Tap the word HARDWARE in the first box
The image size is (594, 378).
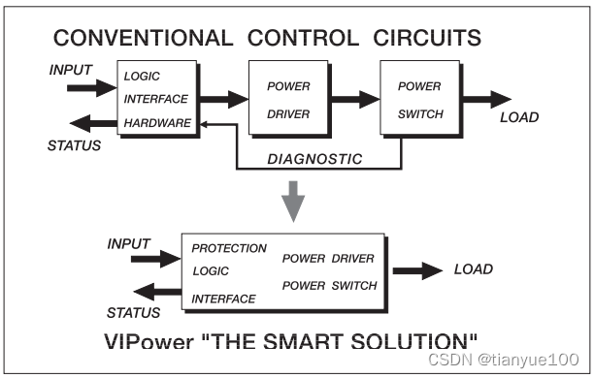155,124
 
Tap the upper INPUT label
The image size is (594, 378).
72,71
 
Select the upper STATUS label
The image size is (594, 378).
73,145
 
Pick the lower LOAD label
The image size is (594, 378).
474,269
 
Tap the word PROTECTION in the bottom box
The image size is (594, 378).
229,248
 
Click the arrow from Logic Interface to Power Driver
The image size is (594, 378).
225,99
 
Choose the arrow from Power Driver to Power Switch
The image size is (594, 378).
355,99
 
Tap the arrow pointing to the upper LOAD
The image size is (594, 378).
486,99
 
